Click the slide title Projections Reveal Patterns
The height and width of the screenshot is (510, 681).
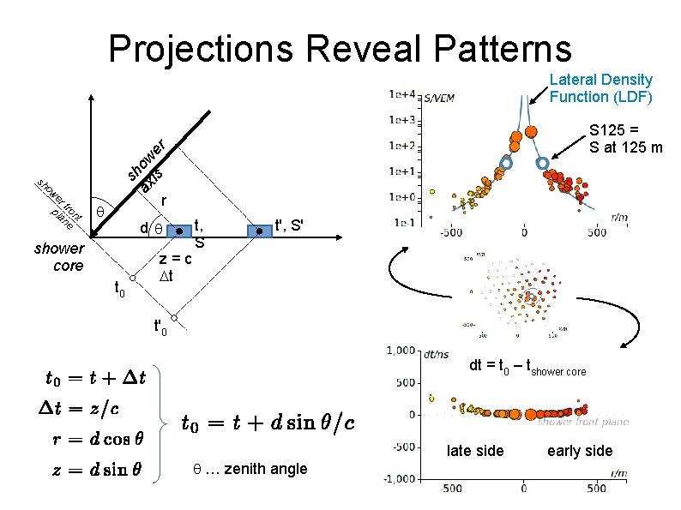tap(340, 48)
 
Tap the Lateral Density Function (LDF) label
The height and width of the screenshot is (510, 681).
tap(600, 87)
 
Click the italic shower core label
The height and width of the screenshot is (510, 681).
tap(59, 257)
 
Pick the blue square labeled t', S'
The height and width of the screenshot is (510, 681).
tap(258, 231)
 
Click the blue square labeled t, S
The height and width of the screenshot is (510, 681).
tap(178, 231)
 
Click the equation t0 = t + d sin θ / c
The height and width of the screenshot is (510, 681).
tap(268, 422)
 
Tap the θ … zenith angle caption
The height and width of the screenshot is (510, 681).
tap(250, 468)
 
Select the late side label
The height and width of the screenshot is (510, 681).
tap(474, 451)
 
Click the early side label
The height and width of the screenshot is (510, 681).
tap(580, 451)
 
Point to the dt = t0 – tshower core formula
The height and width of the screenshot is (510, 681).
tap(527, 369)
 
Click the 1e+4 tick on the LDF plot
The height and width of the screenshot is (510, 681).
tap(401, 93)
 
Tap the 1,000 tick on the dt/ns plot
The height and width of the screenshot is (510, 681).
tap(401, 350)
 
